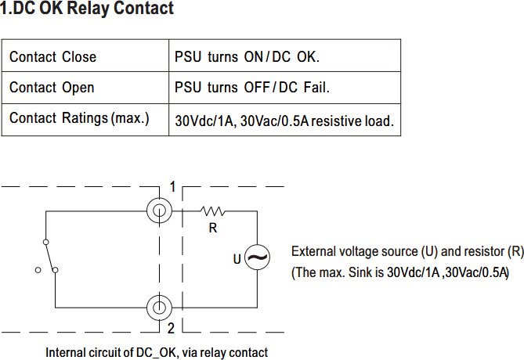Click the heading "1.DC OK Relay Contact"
point(87,8)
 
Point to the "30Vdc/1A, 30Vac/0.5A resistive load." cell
point(284,121)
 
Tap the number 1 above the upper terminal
point(172,187)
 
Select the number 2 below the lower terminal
point(171,329)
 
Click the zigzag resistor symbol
point(212,211)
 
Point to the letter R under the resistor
point(213,228)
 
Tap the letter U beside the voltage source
point(237,259)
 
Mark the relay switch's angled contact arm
point(51,256)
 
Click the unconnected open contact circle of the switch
point(38,270)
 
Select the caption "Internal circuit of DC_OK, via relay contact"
point(157,353)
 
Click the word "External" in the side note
point(313,251)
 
